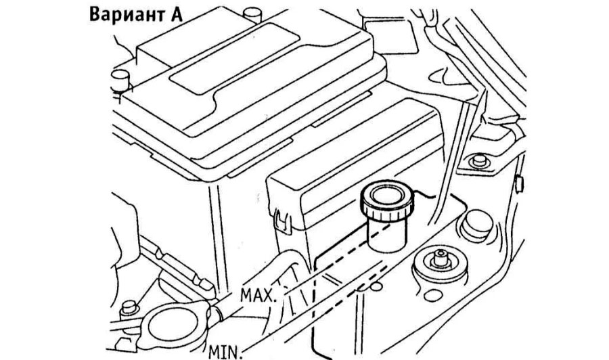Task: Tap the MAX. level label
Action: point(257,295)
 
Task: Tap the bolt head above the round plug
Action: point(479,162)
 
